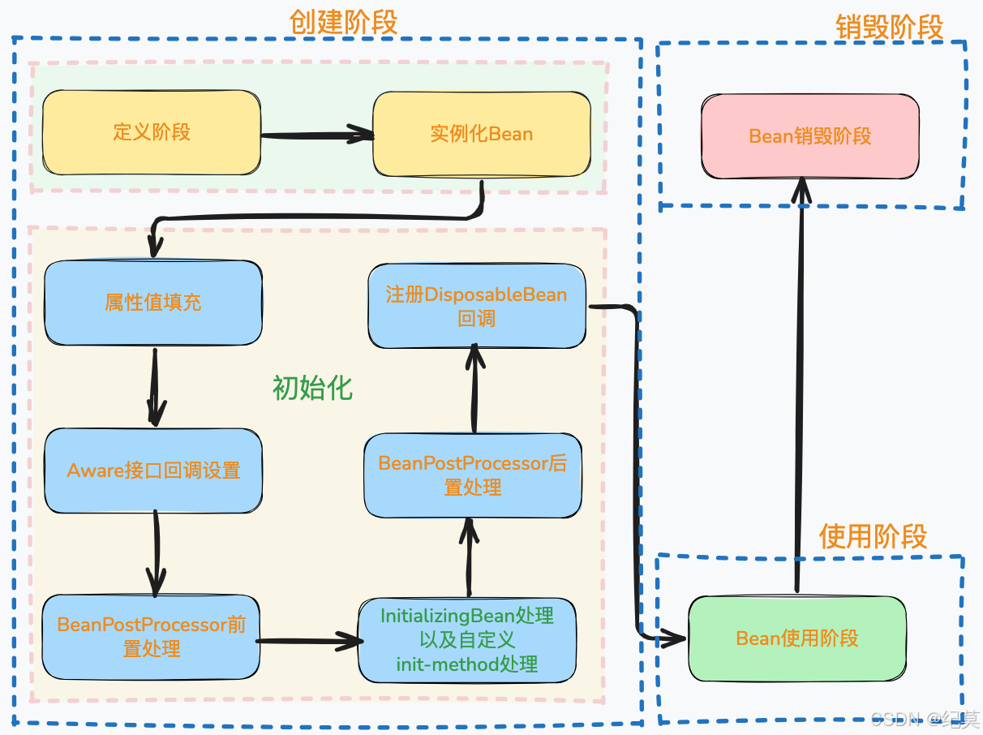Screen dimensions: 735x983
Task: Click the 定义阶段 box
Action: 152,132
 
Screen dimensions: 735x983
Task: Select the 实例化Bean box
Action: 482,134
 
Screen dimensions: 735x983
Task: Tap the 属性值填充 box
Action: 153,303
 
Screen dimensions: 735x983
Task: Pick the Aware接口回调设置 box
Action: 153,471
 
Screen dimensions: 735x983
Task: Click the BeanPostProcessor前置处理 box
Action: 152,637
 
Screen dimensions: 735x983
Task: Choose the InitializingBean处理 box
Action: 467,640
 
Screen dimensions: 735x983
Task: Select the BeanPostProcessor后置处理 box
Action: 473,475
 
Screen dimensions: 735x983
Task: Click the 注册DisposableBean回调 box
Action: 477,306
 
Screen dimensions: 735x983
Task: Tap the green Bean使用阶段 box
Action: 796,638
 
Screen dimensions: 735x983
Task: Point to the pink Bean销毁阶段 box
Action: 810,136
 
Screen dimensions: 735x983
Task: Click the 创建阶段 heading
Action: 343,22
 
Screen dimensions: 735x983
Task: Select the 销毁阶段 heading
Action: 890,27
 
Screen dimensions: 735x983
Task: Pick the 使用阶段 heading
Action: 873,536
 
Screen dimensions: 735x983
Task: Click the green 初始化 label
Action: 312,388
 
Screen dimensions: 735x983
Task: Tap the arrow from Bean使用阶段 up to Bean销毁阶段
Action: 800,389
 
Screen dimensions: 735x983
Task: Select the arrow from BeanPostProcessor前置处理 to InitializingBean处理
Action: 308,642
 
